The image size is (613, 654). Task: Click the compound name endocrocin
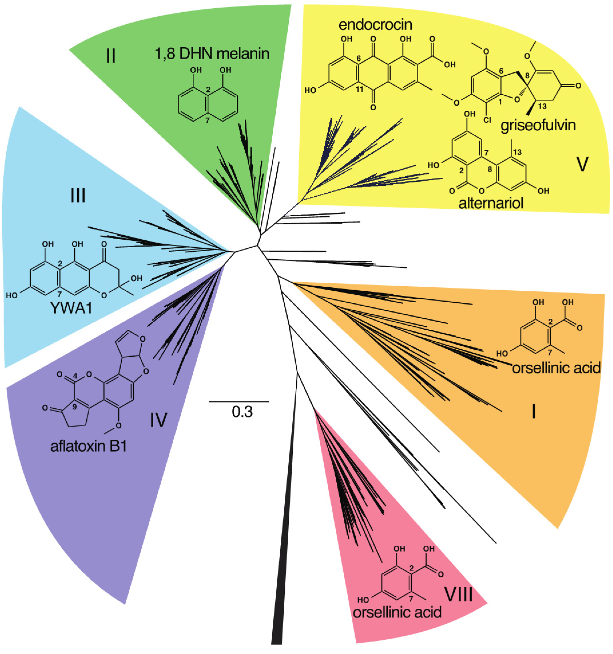point(375,25)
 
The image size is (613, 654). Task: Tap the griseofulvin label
point(538,125)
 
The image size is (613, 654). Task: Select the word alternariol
point(491,203)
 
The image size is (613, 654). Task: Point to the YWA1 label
point(71,308)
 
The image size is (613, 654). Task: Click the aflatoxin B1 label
point(88,446)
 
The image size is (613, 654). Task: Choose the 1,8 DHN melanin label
point(212,54)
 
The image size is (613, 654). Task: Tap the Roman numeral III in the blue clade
point(78,196)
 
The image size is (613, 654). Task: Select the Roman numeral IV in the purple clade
point(159,420)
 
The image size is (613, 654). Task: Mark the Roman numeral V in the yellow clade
point(582,164)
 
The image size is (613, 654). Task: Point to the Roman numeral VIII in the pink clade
point(459,594)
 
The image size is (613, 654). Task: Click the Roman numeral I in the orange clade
point(534,412)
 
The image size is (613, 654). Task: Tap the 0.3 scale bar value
point(242,412)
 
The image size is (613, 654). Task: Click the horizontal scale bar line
point(239,401)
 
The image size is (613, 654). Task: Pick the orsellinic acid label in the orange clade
point(556,368)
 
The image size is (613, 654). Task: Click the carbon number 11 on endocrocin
point(359,89)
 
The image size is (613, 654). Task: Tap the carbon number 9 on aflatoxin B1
point(74,407)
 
